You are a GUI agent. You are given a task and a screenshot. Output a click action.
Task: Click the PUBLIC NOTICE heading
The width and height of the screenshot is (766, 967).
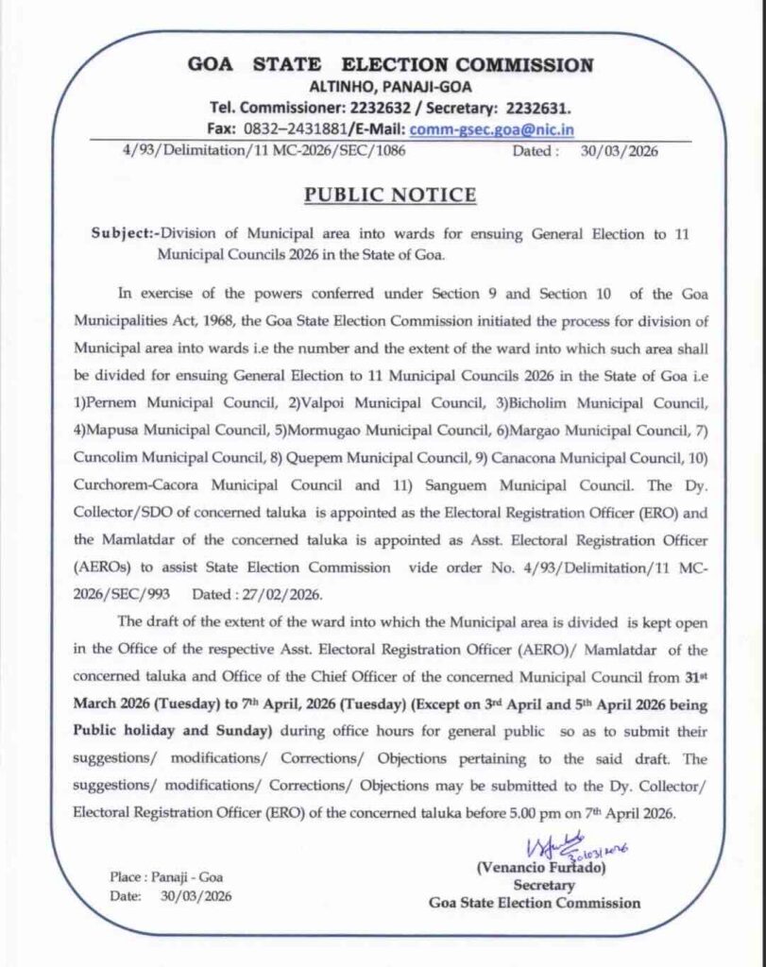(x=389, y=195)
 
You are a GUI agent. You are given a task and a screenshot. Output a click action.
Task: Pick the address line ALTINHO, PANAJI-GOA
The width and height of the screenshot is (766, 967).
(x=390, y=88)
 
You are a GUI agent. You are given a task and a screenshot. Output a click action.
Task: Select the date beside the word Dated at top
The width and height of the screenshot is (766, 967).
(x=621, y=151)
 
